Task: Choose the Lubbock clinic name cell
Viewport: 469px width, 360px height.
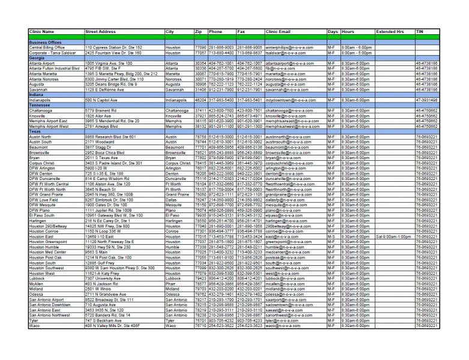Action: click(x=38, y=278)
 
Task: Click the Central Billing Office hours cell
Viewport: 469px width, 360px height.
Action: click(x=357, y=47)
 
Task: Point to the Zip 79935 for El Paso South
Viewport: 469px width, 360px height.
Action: click(x=200, y=214)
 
